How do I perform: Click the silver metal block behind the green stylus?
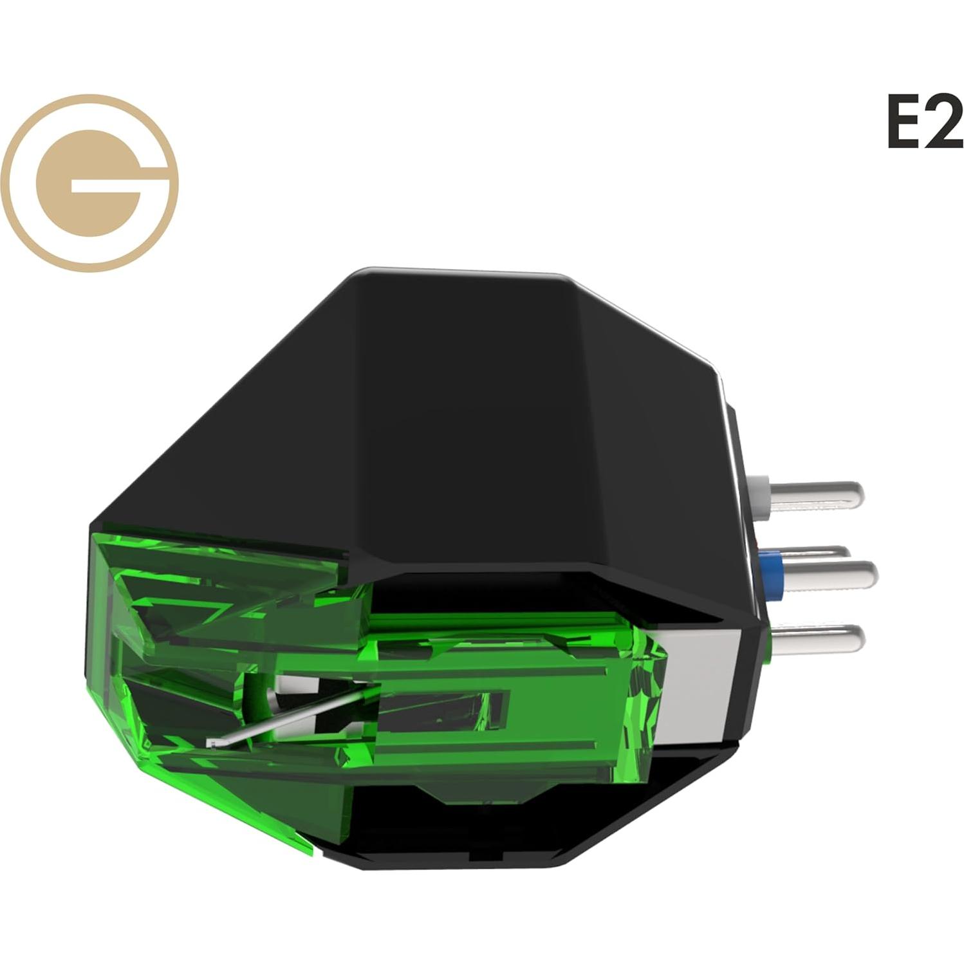(x=701, y=689)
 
